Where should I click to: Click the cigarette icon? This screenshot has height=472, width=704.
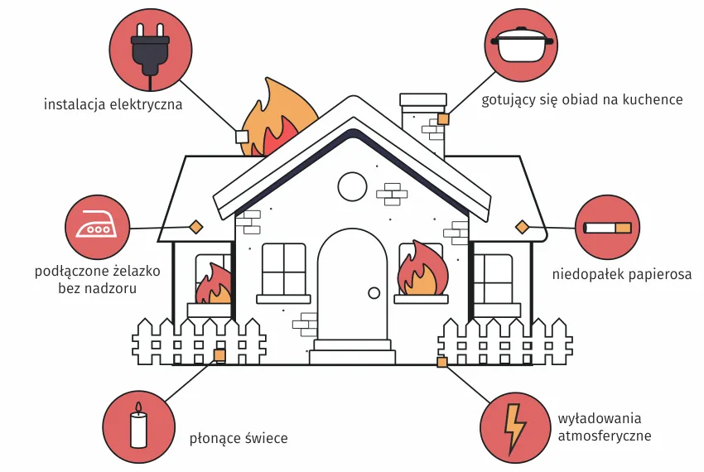608,228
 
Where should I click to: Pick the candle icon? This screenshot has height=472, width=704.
139,426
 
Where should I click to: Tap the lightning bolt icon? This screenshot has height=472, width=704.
515,426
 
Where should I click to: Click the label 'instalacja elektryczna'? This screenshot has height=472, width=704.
113,106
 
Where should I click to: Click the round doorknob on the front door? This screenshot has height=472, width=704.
374,292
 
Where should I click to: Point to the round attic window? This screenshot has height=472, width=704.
352,186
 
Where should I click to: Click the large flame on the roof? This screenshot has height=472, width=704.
277,120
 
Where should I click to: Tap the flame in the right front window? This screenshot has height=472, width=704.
421,271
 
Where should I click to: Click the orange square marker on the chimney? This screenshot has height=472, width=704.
443,119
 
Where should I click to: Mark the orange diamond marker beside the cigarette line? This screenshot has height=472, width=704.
522,227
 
